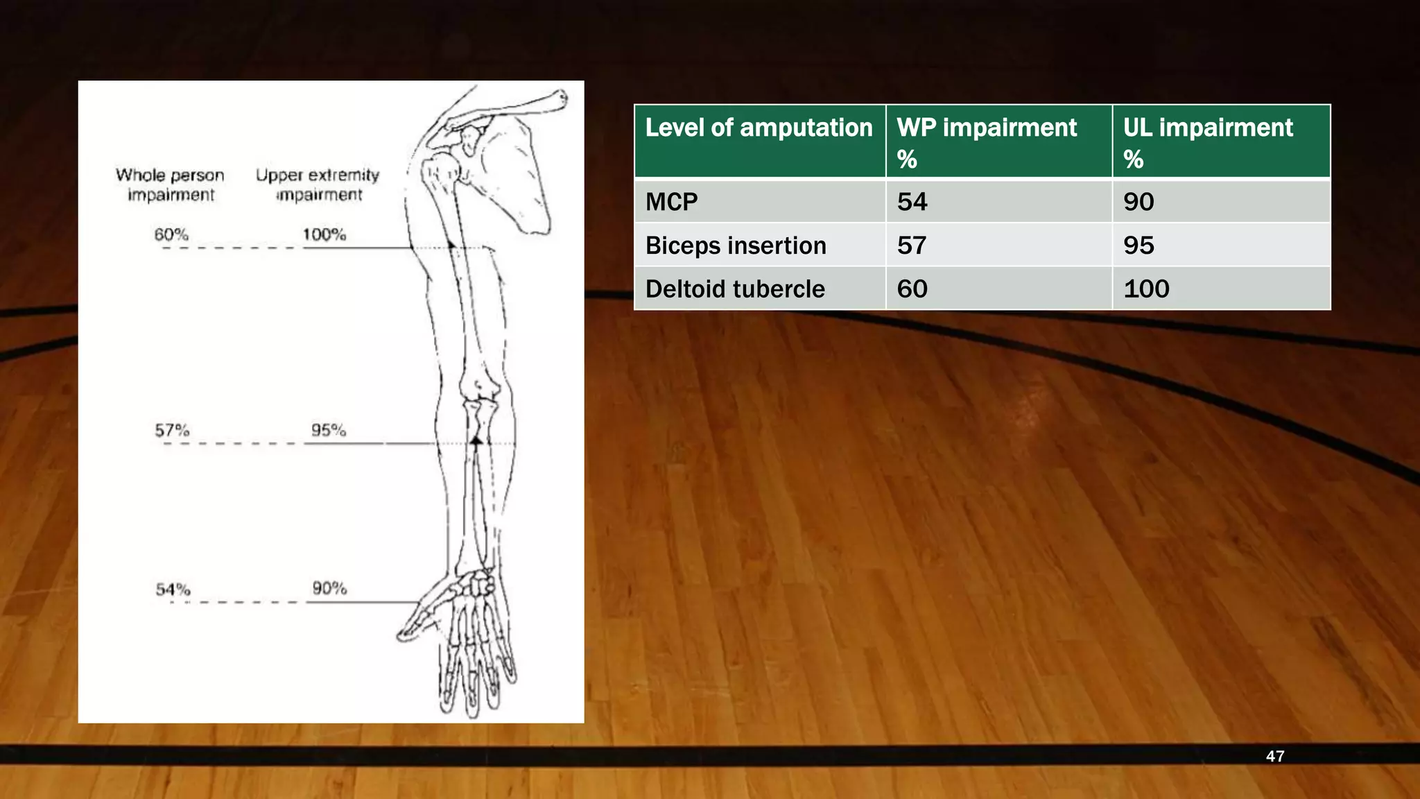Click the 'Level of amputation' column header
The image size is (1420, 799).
(x=759, y=128)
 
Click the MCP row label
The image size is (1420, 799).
(x=671, y=202)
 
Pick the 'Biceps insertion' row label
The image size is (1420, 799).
(x=736, y=246)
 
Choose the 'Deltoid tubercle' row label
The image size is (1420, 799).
(x=735, y=289)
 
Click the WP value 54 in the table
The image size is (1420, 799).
(x=912, y=202)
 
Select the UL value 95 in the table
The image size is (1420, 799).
(x=1138, y=246)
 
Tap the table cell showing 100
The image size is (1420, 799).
(x=1146, y=289)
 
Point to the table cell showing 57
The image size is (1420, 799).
(x=912, y=246)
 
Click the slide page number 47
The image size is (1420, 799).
(x=1274, y=756)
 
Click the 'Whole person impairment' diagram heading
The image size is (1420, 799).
(x=171, y=184)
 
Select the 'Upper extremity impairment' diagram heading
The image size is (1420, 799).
(x=318, y=184)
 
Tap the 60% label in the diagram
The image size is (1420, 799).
(x=171, y=234)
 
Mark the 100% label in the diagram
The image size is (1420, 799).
(x=324, y=234)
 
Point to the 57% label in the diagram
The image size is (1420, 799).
(x=172, y=431)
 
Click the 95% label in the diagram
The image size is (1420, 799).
(x=328, y=430)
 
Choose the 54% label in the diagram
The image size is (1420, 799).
(x=173, y=590)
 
